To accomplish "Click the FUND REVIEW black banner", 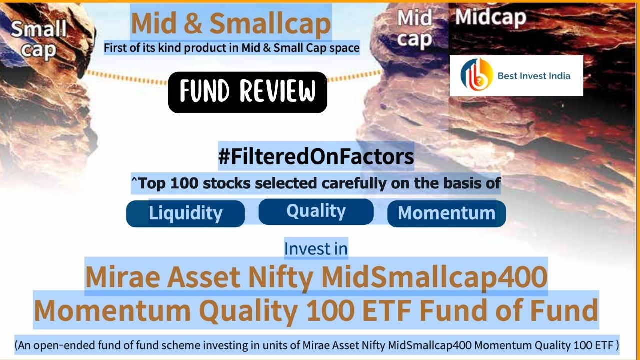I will (x=247, y=92).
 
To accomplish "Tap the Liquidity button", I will (x=185, y=213).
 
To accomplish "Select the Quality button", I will (x=316, y=211).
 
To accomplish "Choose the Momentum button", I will (x=446, y=213).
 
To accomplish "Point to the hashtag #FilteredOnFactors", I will (x=316, y=157).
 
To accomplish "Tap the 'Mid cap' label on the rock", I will (x=414, y=29).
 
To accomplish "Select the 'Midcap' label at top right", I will (x=490, y=17).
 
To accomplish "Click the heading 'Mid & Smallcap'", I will (x=230, y=23).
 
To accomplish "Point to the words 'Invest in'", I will (x=316, y=248).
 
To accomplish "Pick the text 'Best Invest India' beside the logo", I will (x=534, y=76).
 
